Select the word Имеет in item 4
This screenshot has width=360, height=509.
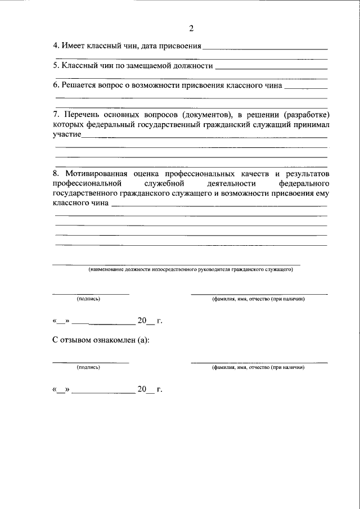click(x=73, y=46)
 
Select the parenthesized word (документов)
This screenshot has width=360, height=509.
click(x=198, y=113)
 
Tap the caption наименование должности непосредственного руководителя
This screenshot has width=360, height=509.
click(x=190, y=270)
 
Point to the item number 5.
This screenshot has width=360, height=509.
click(x=55, y=66)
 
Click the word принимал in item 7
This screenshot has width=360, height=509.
click(x=308, y=124)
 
